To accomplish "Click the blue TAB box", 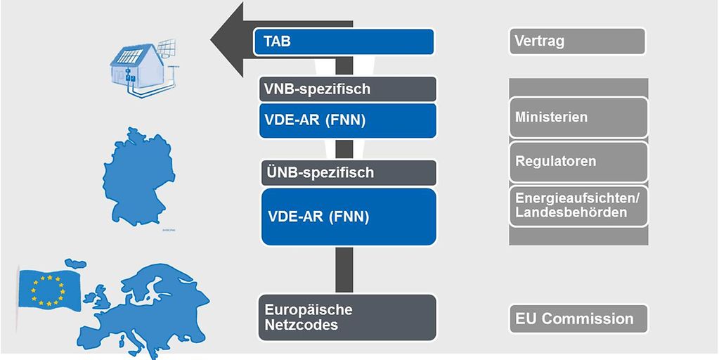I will pyautogui.click(x=344, y=42).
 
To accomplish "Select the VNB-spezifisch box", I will pyautogui.click(x=347, y=89).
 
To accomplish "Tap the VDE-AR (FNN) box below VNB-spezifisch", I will pyautogui.click(x=347, y=120).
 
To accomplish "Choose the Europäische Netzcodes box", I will pyautogui.click(x=347, y=318).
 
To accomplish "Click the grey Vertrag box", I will pyautogui.click(x=576, y=41).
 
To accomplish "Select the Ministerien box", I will pyautogui.click(x=576, y=117).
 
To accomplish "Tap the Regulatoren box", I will pyautogui.click(x=576, y=162).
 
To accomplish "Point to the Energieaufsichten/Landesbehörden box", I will pyautogui.click(x=576, y=205).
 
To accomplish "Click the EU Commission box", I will pyautogui.click(x=576, y=319).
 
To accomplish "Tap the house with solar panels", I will pyautogui.click(x=137, y=69).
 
